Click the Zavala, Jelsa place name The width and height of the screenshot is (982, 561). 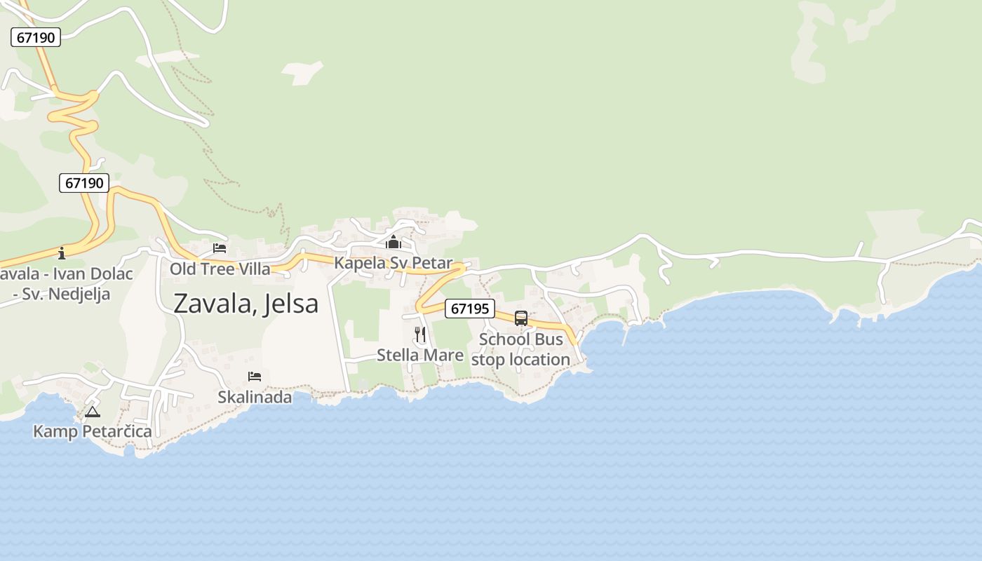pos(245,303)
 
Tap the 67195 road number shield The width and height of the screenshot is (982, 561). pos(470,309)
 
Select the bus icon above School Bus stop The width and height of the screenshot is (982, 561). pos(521,318)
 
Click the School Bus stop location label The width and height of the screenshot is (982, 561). pos(520,349)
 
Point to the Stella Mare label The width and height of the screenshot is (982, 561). pos(420,355)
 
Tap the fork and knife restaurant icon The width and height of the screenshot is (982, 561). pos(420,334)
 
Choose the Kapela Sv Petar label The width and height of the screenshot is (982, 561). pos(394,263)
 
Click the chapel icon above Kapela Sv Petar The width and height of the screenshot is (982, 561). pos(394,243)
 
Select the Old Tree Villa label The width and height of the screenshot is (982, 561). pos(220,269)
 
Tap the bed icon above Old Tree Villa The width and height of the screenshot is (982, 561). pos(220,248)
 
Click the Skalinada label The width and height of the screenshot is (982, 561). pos(255,397)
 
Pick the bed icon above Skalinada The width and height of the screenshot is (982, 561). pos(255,377)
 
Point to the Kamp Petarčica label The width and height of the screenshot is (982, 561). pos(93,431)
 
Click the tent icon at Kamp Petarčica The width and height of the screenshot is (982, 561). pos(93,412)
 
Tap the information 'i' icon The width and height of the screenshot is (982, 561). pos(62,253)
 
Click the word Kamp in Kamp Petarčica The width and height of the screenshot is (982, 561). pos(55,431)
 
